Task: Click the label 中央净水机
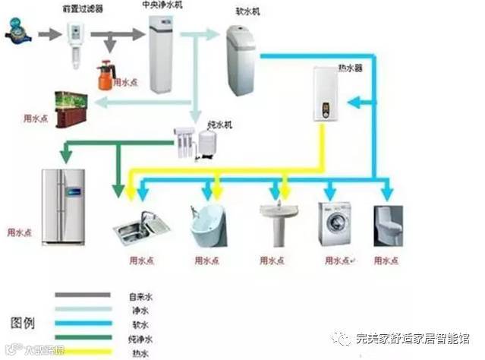(x=162, y=5)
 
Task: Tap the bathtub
(x=208, y=225)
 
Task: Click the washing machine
(x=334, y=223)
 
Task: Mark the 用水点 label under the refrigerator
(x=19, y=232)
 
